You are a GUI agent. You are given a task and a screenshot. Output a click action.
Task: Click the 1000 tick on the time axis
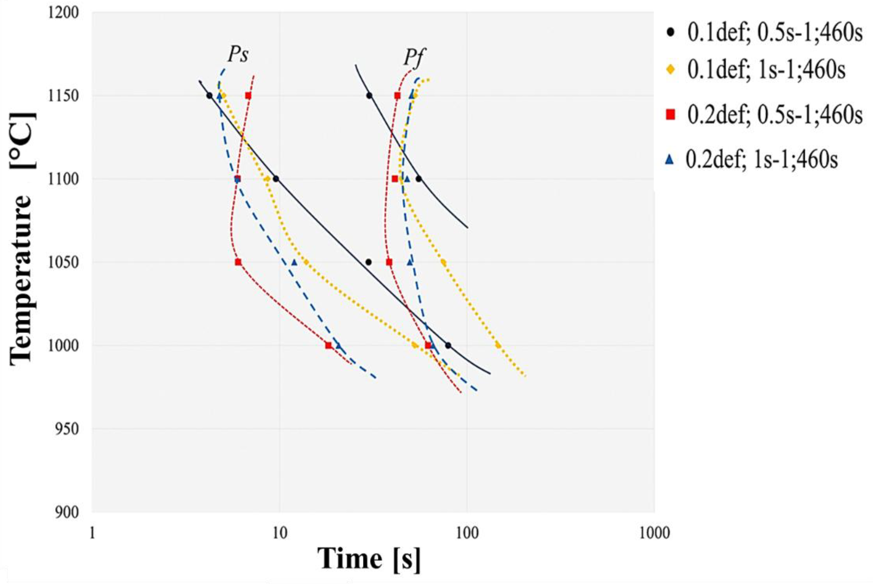click(654, 533)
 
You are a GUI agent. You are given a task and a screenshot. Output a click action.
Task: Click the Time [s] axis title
click(369, 559)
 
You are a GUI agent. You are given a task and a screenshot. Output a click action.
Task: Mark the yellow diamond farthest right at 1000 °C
click(498, 345)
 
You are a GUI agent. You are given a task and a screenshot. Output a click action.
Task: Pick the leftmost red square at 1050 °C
click(238, 262)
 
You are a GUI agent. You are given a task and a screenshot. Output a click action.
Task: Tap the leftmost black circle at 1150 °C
click(209, 96)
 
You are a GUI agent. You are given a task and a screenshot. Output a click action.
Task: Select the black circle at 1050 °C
click(368, 262)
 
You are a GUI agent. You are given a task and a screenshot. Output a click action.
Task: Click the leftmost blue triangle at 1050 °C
click(294, 262)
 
